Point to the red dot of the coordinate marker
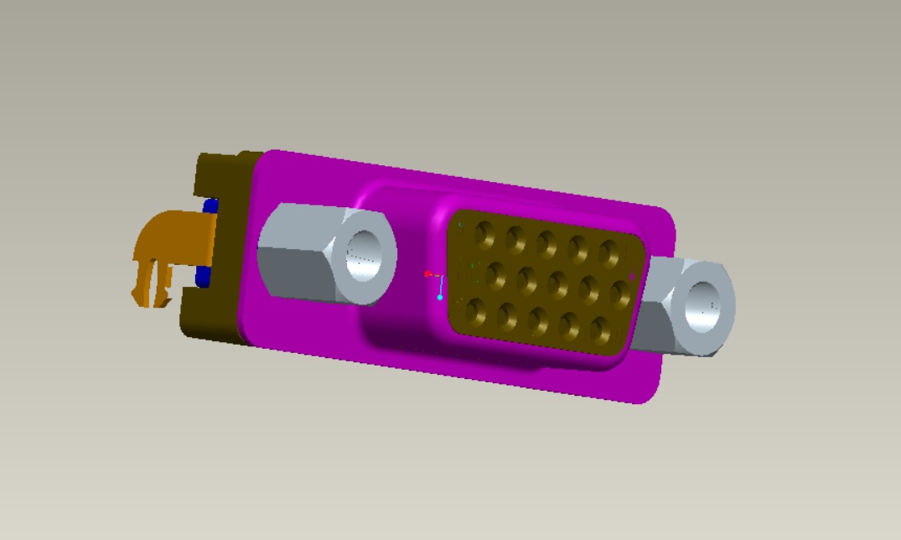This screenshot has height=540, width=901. click(427, 274)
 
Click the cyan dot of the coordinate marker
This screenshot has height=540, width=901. click(440, 297)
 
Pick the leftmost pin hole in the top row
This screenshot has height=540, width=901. click(484, 234)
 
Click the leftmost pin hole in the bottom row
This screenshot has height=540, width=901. click(475, 311)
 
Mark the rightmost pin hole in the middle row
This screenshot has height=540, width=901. click(620, 293)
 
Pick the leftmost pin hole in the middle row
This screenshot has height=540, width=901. click(495, 274)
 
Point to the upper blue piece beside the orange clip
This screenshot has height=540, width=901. click(211, 205)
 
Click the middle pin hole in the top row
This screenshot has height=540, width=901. click(546, 244)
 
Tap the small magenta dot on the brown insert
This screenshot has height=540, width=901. click(632, 275)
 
